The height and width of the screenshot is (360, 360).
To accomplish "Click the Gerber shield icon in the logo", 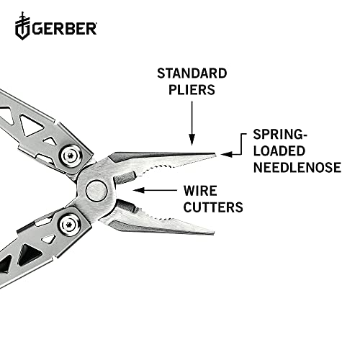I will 22,28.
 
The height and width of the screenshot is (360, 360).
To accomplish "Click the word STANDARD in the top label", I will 192,74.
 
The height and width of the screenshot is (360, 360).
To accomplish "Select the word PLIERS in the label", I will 192,91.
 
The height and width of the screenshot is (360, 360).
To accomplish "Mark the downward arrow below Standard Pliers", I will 192,122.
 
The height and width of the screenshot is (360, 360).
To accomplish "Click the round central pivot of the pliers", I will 96,191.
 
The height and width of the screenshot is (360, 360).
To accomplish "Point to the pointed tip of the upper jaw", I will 214,154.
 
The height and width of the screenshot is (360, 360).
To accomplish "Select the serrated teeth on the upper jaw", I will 162,166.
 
